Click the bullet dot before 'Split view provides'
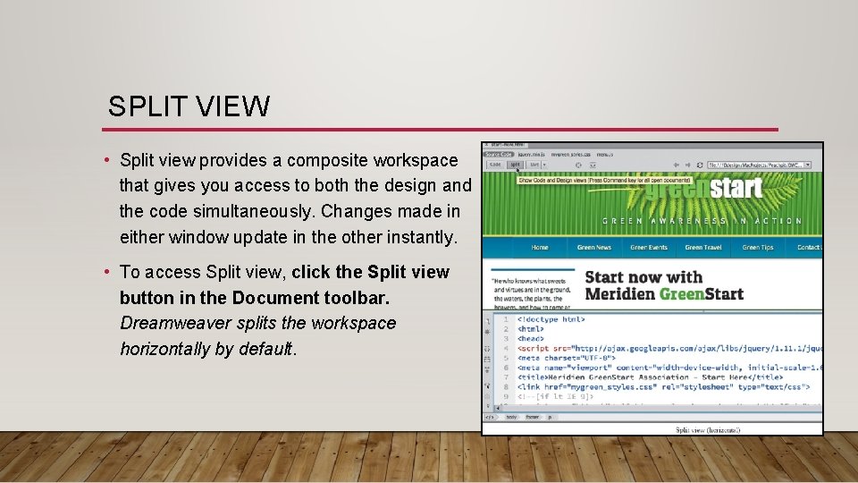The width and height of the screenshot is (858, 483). point(105,161)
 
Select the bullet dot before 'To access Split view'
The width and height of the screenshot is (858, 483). point(105,272)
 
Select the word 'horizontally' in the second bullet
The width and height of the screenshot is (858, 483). point(165,349)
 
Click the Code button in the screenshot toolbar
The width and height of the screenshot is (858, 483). point(494,165)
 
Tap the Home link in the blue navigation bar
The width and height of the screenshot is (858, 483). point(540,248)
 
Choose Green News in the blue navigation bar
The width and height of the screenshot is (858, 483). point(594,248)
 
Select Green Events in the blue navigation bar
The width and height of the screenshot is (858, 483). point(649,248)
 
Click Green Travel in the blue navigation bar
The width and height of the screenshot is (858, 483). point(703,248)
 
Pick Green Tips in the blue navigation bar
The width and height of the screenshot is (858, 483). point(758,248)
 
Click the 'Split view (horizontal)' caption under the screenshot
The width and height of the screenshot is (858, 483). point(707,430)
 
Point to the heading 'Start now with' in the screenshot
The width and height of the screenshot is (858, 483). point(643,277)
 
